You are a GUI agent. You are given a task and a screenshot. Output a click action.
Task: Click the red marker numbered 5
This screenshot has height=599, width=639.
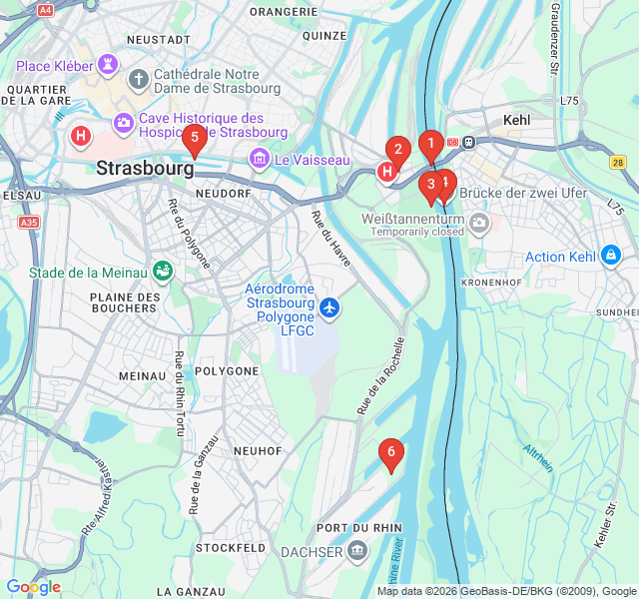click(x=194, y=138)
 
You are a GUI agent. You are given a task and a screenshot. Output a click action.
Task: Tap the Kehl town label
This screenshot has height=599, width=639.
click(x=517, y=120)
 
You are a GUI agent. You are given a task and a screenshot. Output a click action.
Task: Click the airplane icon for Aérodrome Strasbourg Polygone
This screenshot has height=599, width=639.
click(x=329, y=305)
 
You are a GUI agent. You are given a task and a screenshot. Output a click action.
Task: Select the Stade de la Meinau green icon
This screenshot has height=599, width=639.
click(x=162, y=272)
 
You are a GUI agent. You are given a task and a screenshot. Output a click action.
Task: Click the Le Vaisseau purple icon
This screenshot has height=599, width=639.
click(x=260, y=159)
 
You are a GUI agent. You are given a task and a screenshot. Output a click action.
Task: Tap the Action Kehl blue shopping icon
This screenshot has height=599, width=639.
click(x=609, y=257)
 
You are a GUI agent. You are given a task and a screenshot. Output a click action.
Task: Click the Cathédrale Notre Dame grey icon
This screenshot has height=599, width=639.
click(x=138, y=77)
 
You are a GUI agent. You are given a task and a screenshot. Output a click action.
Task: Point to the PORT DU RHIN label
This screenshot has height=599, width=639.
click(x=358, y=527)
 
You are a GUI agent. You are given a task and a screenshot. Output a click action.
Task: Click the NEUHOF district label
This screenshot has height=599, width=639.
click(x=258, y=451)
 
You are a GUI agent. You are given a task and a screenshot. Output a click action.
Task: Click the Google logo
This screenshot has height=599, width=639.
click(x=33, y=587)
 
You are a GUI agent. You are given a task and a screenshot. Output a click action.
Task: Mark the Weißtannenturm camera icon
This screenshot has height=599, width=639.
click(x=480, y=222)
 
